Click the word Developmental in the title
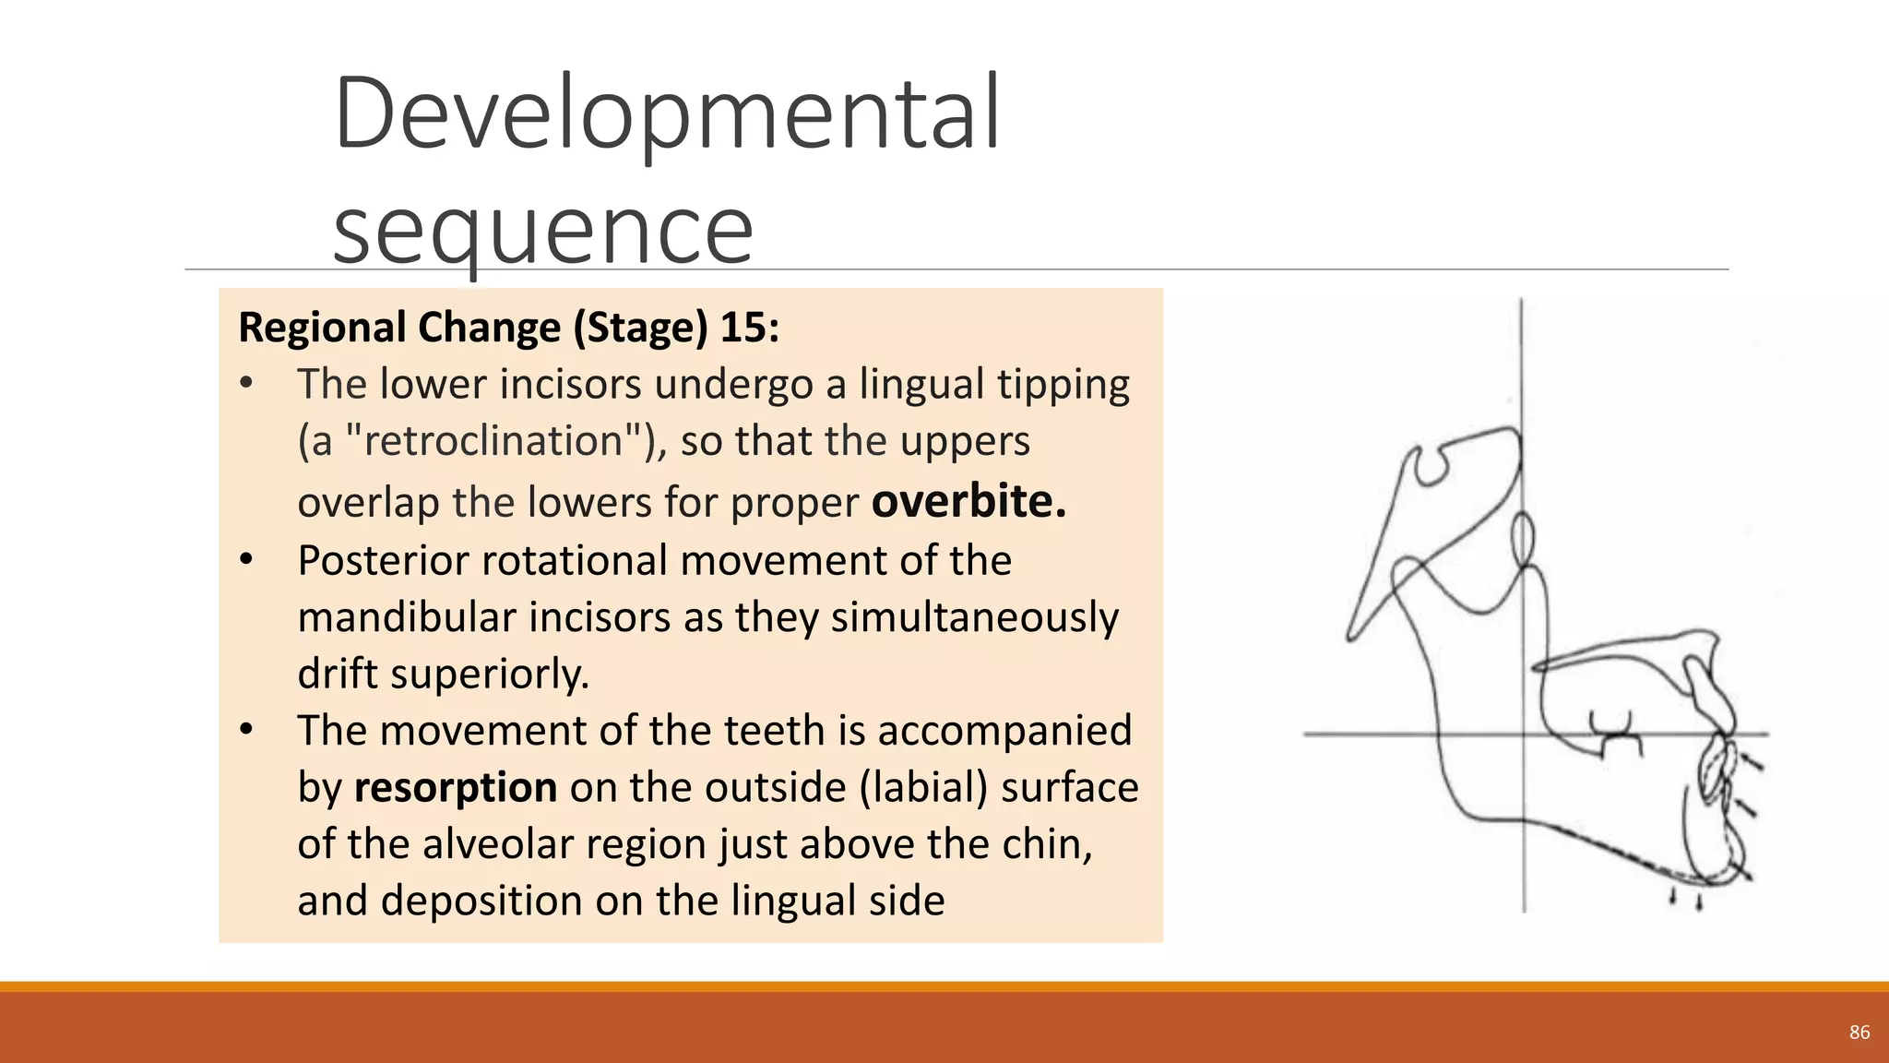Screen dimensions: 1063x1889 (x=666, y=113)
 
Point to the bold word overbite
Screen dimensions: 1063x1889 (x=968, y=501)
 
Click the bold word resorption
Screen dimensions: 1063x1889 (x=456, y=787)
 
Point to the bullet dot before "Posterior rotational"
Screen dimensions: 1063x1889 (x=246, y=559)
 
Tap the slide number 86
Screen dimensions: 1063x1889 (x=1859, y=1033)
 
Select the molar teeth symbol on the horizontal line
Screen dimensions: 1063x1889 (x=1616, y=734)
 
